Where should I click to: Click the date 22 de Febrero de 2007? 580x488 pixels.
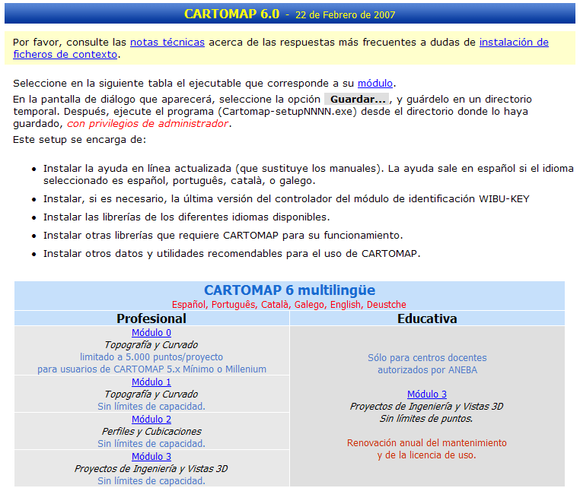click(x=344, y=15)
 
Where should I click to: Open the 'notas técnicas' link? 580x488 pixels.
click(x=167, y=43)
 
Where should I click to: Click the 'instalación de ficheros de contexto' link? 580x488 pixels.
click(x=514, y=43)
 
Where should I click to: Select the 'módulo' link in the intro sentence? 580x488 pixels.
click(x=375, y=84)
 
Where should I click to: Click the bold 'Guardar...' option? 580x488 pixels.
click(x=358, y=100)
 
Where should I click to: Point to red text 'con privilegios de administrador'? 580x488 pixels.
click(x=148, y=124)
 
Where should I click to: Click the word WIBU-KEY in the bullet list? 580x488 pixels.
click(x=504, y=199)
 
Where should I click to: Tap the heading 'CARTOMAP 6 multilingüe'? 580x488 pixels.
click(x=289, y=290)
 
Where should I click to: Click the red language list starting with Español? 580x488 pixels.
click(x=289, y=305)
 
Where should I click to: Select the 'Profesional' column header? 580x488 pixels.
click(x=151, y=318)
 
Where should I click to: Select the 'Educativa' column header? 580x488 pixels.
click(x=427, y=318)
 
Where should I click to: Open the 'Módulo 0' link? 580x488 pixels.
click(x=151, y=333)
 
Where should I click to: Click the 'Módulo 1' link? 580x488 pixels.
click(x=151, y=382)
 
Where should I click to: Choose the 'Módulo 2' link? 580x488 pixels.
click(x=151, y=420)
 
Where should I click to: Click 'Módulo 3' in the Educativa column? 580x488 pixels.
click(x=427, y=395)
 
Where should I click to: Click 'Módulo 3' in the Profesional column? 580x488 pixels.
click(x=151, y=457)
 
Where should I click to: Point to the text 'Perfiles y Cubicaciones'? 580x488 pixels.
click(x=151, y=432)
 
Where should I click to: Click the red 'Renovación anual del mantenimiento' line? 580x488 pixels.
click(x=427, y=443)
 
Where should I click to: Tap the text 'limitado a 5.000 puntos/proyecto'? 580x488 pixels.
click(x=151, y=357)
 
